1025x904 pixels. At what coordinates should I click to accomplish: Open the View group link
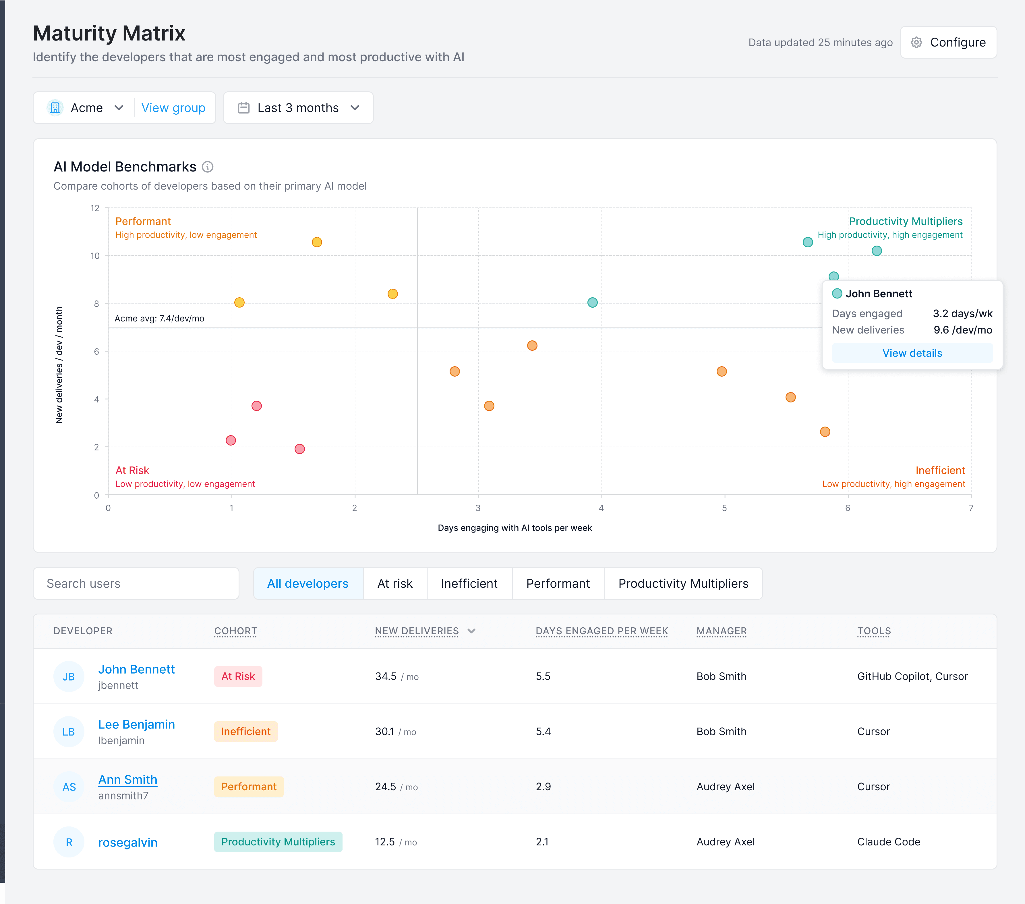point(173,108)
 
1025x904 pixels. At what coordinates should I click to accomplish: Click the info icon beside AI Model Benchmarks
point(208,167)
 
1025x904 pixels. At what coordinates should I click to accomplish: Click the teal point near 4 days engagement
point(592,302)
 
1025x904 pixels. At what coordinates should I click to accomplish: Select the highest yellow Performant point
point(316,242)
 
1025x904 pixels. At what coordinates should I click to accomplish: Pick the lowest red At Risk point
point(299,449)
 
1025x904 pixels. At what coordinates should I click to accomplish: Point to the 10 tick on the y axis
point(95,256)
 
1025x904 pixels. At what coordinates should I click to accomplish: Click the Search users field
point(136,583)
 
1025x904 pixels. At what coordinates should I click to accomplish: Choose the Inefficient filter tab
point(469,583)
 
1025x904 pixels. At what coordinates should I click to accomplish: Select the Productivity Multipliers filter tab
point(683,583)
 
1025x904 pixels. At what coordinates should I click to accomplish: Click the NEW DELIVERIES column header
point(417,631)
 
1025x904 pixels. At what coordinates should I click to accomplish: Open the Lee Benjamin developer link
point(136,724)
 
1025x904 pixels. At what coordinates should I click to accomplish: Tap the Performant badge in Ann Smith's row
point(249,787)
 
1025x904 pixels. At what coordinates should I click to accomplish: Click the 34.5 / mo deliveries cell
point(396,676)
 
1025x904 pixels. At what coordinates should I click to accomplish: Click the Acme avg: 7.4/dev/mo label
point(159,319)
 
